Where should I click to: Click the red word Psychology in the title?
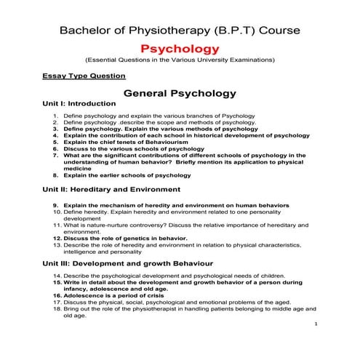(x=180, y=49)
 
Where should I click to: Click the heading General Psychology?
(x=180, y=94)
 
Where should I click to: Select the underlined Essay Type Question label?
(x=84, y=76)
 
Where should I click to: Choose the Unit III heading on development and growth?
(x=128, y=262)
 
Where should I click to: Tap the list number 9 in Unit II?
(x=56, y=205)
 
